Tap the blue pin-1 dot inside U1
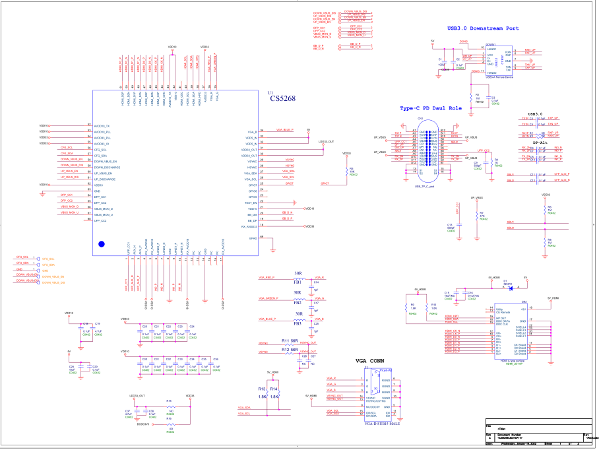tap(102, 244)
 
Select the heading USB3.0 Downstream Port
tap(483, 28)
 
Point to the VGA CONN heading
tap(369, 362)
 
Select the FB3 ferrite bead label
tap(298, 323)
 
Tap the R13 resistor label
tap(262, 389)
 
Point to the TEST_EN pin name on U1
tap(251, 203)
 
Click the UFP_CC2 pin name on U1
tap(100, 220)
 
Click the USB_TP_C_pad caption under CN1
tap(427, 187)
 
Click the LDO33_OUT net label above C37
tap(137, 396)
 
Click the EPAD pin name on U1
tap(252, 238)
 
